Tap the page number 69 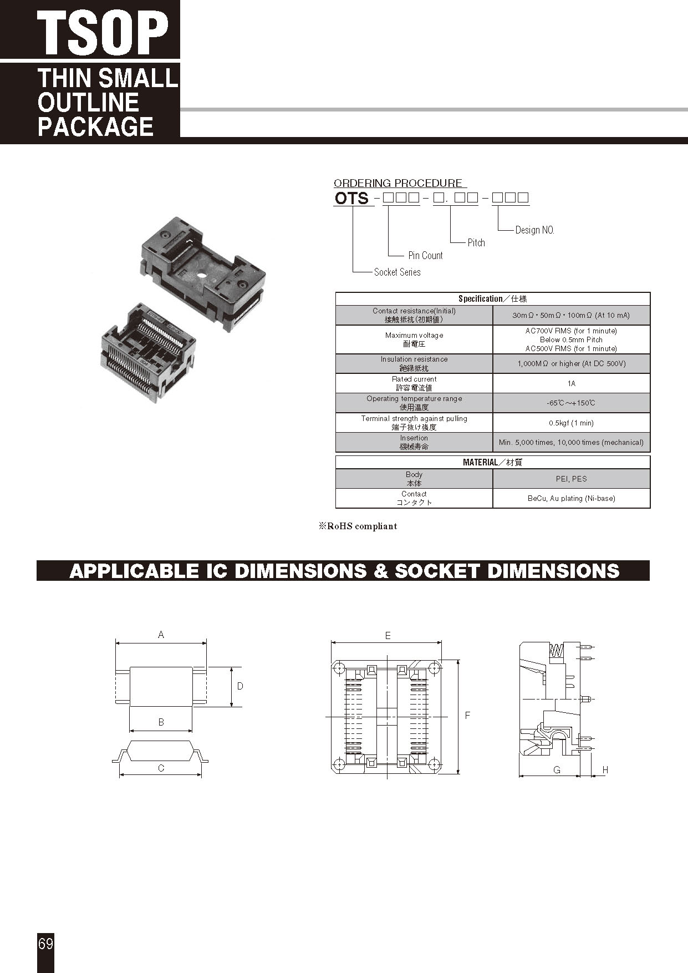pyautogui.click(x=46, y=943)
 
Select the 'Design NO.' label pyautogui.click(x=534, y=230)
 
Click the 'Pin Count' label pyautogui.click(x=425, y=256)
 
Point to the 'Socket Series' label pyautogui.click(x=397, y=272)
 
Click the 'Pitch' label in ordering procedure pyautogui.click(x=476, y=243)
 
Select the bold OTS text pyautogui.click(x=351, y=198)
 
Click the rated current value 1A pyautogui.click(x=571, y=383)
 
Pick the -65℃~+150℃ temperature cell pyautogui.click(x=571, y=403)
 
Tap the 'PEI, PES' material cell pyautogui.click(x=571, y=479)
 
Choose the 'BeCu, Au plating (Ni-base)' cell pyautogui.click(x=571, y=499)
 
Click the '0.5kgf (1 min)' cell pyautogui.click(x=571, y=423)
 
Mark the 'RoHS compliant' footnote pyautogui.click(x=358, y=526)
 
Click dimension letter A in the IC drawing pyautogui.click(x=161, y=635)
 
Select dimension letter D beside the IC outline pyautogui.click(x=240, y=686)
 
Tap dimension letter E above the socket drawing pyautogui.click(x=388, y=636)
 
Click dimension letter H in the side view pyautogui.click(x=605, y=770)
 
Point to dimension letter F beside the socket pyautogui.click(x=467, y=716)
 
